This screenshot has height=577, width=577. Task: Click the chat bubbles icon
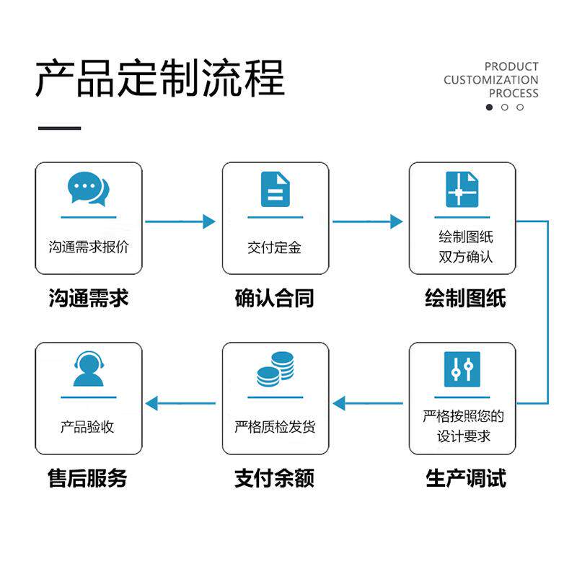[88, 189]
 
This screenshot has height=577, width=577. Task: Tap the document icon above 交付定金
[275, 190]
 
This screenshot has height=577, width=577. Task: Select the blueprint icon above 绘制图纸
[462, 190]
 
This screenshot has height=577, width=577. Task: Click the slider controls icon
[462, 369]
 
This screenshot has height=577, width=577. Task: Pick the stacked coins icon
[276, 369]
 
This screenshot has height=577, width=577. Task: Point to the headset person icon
[88, 369]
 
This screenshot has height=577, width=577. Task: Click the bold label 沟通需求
[88, 298]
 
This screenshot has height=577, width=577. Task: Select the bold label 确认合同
[275, 298]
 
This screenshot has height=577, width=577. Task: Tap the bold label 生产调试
[465, 478]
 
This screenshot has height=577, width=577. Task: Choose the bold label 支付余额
[275, 478]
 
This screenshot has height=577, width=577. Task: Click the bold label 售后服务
[87, 478]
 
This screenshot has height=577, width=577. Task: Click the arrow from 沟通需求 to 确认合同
[180, 221]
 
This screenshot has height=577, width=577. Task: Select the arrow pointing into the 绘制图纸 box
[368, 221]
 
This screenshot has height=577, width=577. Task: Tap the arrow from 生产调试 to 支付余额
[368, 403]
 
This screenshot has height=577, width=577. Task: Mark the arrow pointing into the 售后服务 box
[180, 403]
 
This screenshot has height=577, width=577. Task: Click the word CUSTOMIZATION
[491, 80]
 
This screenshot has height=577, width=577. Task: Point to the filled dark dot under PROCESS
[489, 107]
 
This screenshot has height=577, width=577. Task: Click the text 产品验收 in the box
[87, 427]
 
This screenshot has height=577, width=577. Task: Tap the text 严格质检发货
[275, 427]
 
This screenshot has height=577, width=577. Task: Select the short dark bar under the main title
[60, 128]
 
